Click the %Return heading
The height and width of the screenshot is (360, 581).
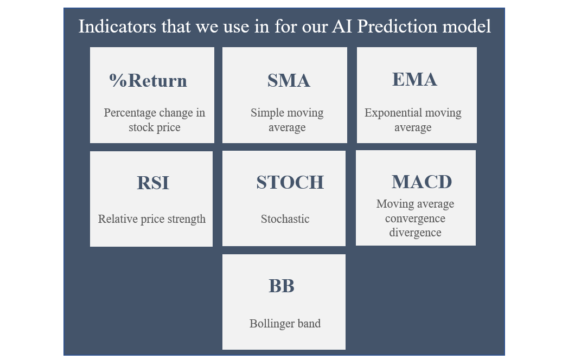148,80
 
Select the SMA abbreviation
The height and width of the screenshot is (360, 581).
289,80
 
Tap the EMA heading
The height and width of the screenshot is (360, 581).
414,79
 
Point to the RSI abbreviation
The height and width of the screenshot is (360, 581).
153,183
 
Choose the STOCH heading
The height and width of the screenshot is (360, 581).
290,182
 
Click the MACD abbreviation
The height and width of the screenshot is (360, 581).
422,182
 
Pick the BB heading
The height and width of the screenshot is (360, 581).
282,286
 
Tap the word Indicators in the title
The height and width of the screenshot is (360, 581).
118,27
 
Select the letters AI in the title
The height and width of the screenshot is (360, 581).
342,27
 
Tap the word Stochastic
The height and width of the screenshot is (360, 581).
285,219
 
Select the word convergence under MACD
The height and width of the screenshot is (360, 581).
415,218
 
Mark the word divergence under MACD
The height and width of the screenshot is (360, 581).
415,233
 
